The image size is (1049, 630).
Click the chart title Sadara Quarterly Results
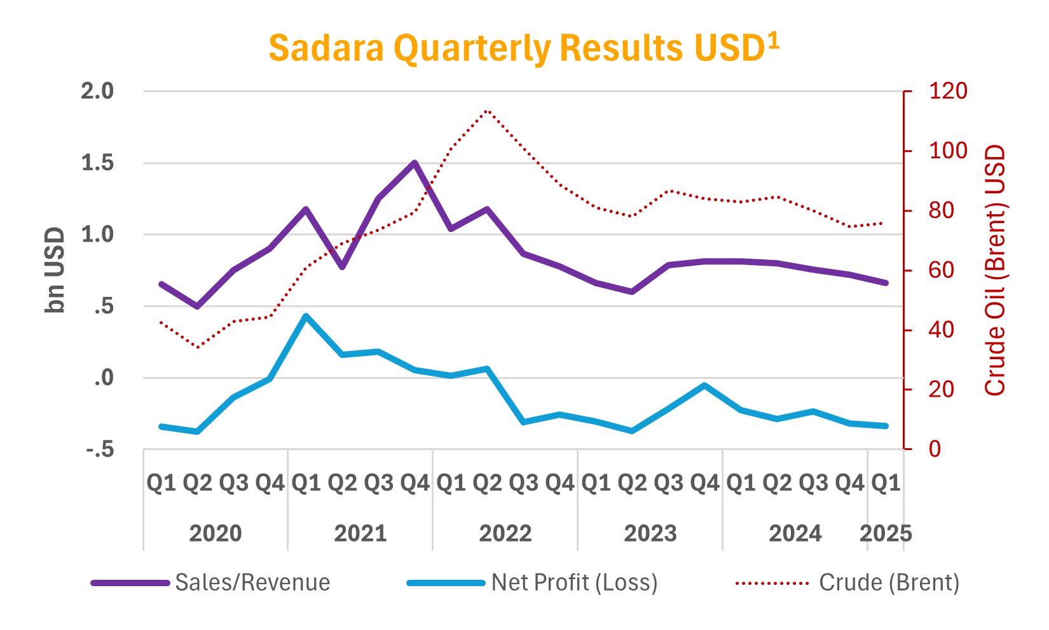click(516, 48)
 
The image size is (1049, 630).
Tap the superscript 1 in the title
click(772, 41)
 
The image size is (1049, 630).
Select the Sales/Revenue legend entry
click(252, 582)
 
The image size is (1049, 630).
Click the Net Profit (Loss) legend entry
click(574, 582)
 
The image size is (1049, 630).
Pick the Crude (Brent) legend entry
click(889, 582)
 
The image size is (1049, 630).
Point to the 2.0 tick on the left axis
click(97, 91)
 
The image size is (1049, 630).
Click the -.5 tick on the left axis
click(100, 450)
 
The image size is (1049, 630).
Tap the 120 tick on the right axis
click(948, 91)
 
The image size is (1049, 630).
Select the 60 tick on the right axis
click(941, 270)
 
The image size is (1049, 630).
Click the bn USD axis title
click(56, 270)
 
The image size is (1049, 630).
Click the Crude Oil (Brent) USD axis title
click(996, 270)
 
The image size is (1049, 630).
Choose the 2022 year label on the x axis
click(505, 533)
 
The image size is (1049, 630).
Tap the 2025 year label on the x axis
click(886, 533)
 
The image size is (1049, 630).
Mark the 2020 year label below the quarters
click(216, 533)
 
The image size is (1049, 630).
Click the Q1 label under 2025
click(886, 483)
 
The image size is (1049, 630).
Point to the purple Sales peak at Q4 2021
click(415, 163)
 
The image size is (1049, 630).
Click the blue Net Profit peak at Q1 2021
click(306, 315)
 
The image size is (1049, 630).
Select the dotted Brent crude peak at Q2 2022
click(487, 111)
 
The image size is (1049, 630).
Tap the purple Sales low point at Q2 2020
click(197, 306)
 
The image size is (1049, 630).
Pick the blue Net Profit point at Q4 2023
click(704, 385)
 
